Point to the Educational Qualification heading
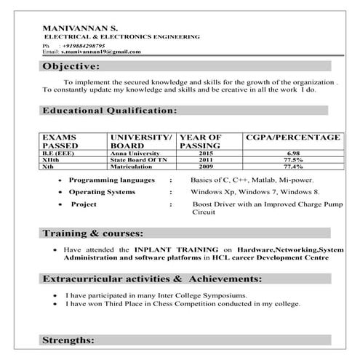[109, 111]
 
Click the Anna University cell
[134, 153]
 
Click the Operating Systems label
[102, 192]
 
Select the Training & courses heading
[92, 234]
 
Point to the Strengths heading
[68, 340]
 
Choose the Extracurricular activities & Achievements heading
[151, 279]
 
